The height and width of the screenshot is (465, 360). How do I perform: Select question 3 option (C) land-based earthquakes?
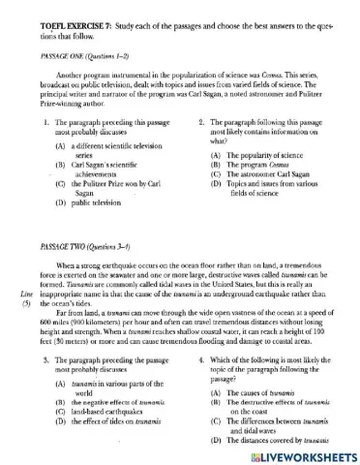tap(102, 411)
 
